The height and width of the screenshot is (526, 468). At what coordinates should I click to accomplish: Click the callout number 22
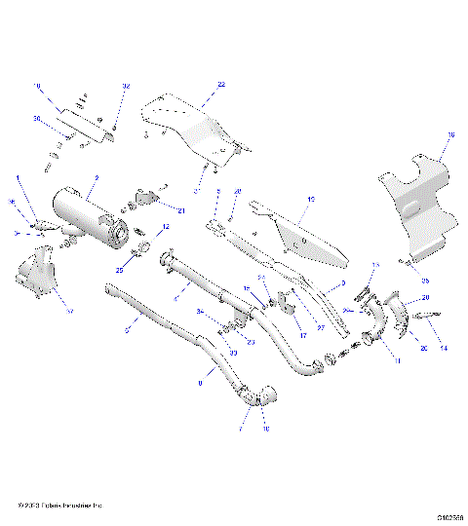(221, 86)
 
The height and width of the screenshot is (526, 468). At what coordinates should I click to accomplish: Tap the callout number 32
(125, 87)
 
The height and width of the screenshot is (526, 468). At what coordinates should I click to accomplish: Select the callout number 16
(450, 136)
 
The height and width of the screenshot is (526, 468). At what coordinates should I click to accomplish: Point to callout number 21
(181, 209)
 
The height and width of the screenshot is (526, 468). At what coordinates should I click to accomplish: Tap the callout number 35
(424, 280)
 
